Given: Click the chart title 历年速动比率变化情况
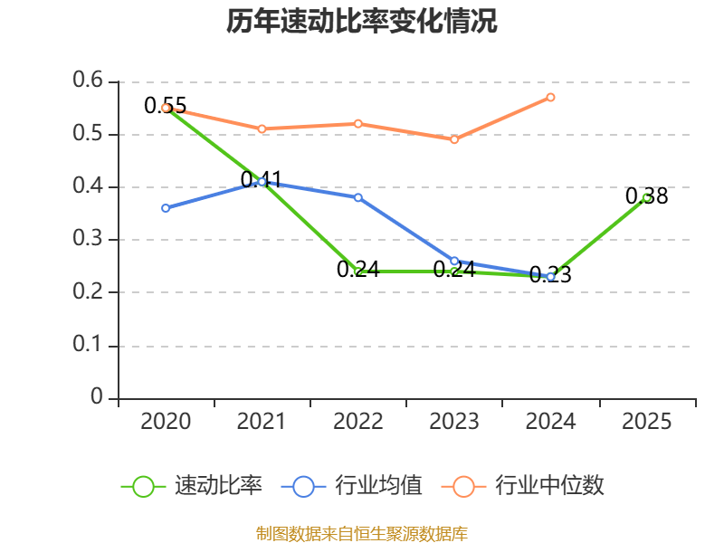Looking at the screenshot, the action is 361,21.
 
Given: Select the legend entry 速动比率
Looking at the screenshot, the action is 192,486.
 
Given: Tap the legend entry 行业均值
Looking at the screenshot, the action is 351,486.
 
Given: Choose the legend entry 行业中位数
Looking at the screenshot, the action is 523,486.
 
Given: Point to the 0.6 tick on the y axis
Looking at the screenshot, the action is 88,81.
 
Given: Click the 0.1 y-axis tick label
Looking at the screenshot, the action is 88,345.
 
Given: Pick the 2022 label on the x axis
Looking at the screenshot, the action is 357,421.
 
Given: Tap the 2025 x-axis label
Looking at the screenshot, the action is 646,421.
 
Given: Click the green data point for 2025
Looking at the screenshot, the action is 646,198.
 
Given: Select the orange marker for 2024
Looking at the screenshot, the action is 550,98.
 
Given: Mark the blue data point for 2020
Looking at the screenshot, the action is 166,208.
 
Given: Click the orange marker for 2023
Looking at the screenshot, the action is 454,139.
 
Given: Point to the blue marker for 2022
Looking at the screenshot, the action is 357,197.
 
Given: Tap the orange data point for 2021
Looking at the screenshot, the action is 262,129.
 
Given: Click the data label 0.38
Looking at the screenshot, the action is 646,196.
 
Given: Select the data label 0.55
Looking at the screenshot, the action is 166,106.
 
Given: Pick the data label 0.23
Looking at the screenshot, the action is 550,275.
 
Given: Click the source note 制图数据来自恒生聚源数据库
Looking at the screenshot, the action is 362,534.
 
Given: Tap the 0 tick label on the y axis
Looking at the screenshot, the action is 97,396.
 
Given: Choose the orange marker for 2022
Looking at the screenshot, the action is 357,124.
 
